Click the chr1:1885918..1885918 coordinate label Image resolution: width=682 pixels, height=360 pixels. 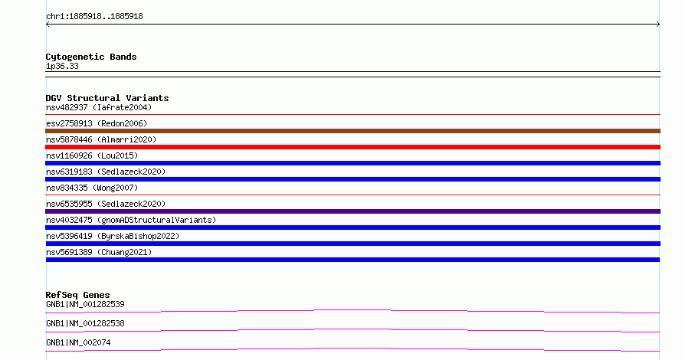(94, 17)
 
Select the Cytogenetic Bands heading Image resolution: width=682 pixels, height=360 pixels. (91, 57)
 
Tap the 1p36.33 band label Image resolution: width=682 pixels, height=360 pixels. (62, 67)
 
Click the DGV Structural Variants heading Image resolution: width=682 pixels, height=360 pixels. (107, 98)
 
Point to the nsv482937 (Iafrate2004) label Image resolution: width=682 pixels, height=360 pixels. (99, 107)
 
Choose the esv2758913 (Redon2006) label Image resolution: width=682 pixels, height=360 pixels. (97, 123)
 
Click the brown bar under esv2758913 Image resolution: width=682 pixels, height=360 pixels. (352, 131)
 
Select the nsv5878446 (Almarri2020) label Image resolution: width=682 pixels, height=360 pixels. (101, 139)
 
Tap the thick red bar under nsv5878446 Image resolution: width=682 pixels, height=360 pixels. (352, 147)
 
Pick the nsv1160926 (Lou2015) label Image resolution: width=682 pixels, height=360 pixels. (92, 155)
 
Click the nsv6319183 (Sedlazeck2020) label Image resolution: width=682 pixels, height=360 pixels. (106, 172)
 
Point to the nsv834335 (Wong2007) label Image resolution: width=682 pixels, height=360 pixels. (92, 188)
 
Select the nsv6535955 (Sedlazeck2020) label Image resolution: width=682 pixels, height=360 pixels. (106, 204)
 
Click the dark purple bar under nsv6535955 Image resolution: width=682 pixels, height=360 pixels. (352, 211)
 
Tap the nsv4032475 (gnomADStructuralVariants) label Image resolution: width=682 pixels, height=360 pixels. (131, 220)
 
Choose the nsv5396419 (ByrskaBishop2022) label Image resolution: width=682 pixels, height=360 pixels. (113, 236)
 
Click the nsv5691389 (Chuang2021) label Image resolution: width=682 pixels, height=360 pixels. (99, 252)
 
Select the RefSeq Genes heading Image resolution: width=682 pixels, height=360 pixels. (77, 295)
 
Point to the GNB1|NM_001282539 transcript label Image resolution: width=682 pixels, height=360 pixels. (85, 304)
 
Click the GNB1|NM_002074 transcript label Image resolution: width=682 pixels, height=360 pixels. (78, 342)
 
